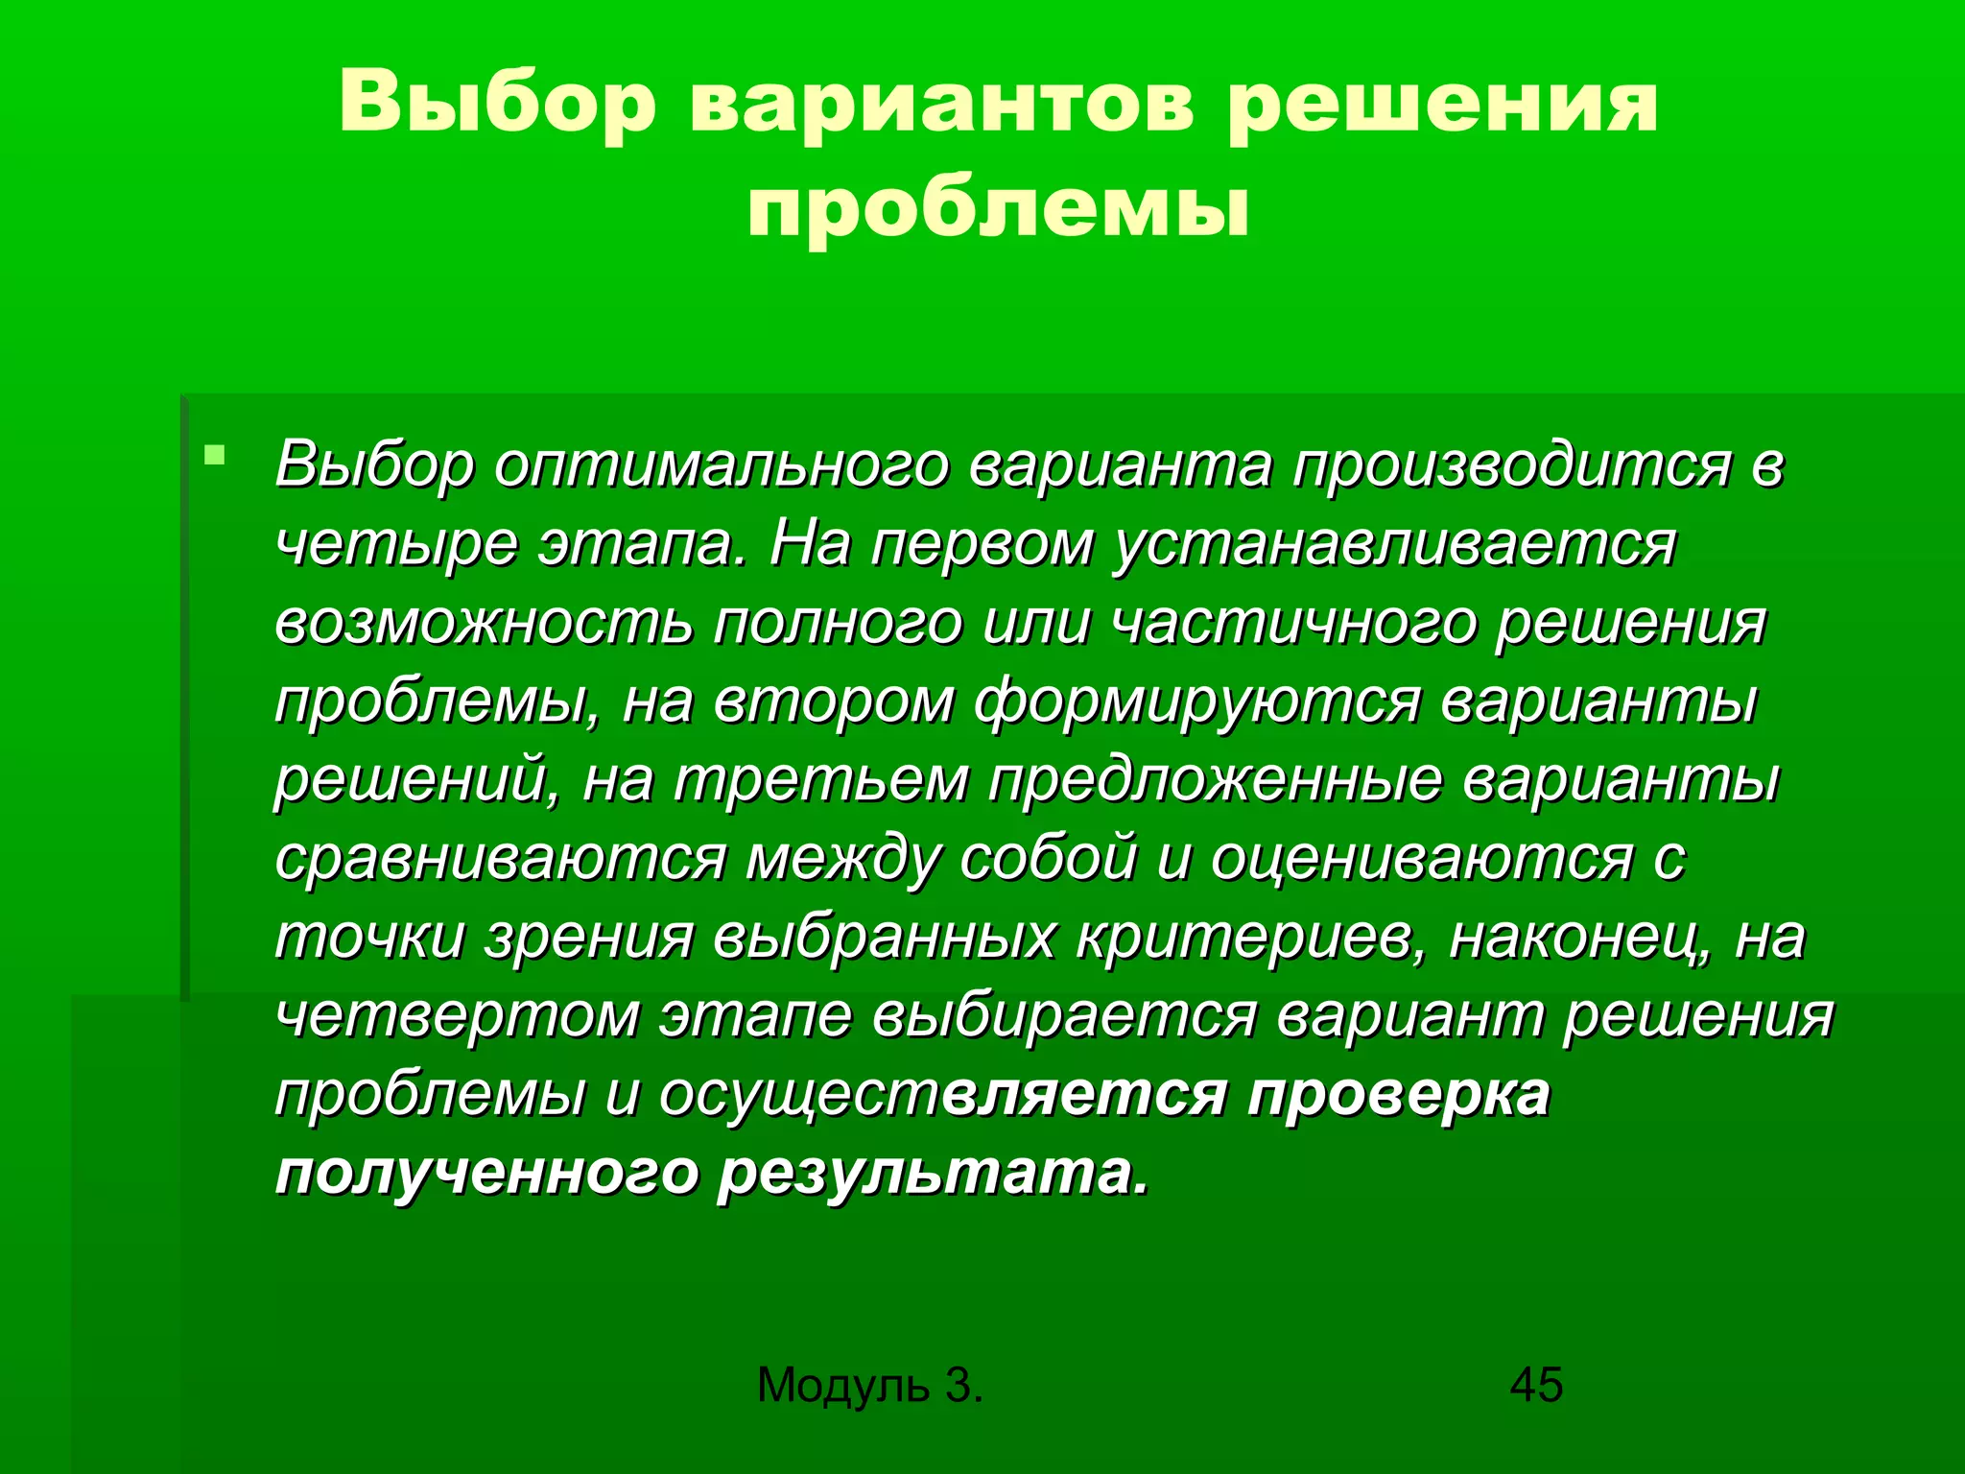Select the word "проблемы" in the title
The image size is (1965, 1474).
999,210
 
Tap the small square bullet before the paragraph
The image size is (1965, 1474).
214,453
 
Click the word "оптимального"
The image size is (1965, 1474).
721,465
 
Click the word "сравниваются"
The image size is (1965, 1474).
500,859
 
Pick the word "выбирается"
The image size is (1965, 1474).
1064,1016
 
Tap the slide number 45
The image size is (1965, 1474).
1536,1386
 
